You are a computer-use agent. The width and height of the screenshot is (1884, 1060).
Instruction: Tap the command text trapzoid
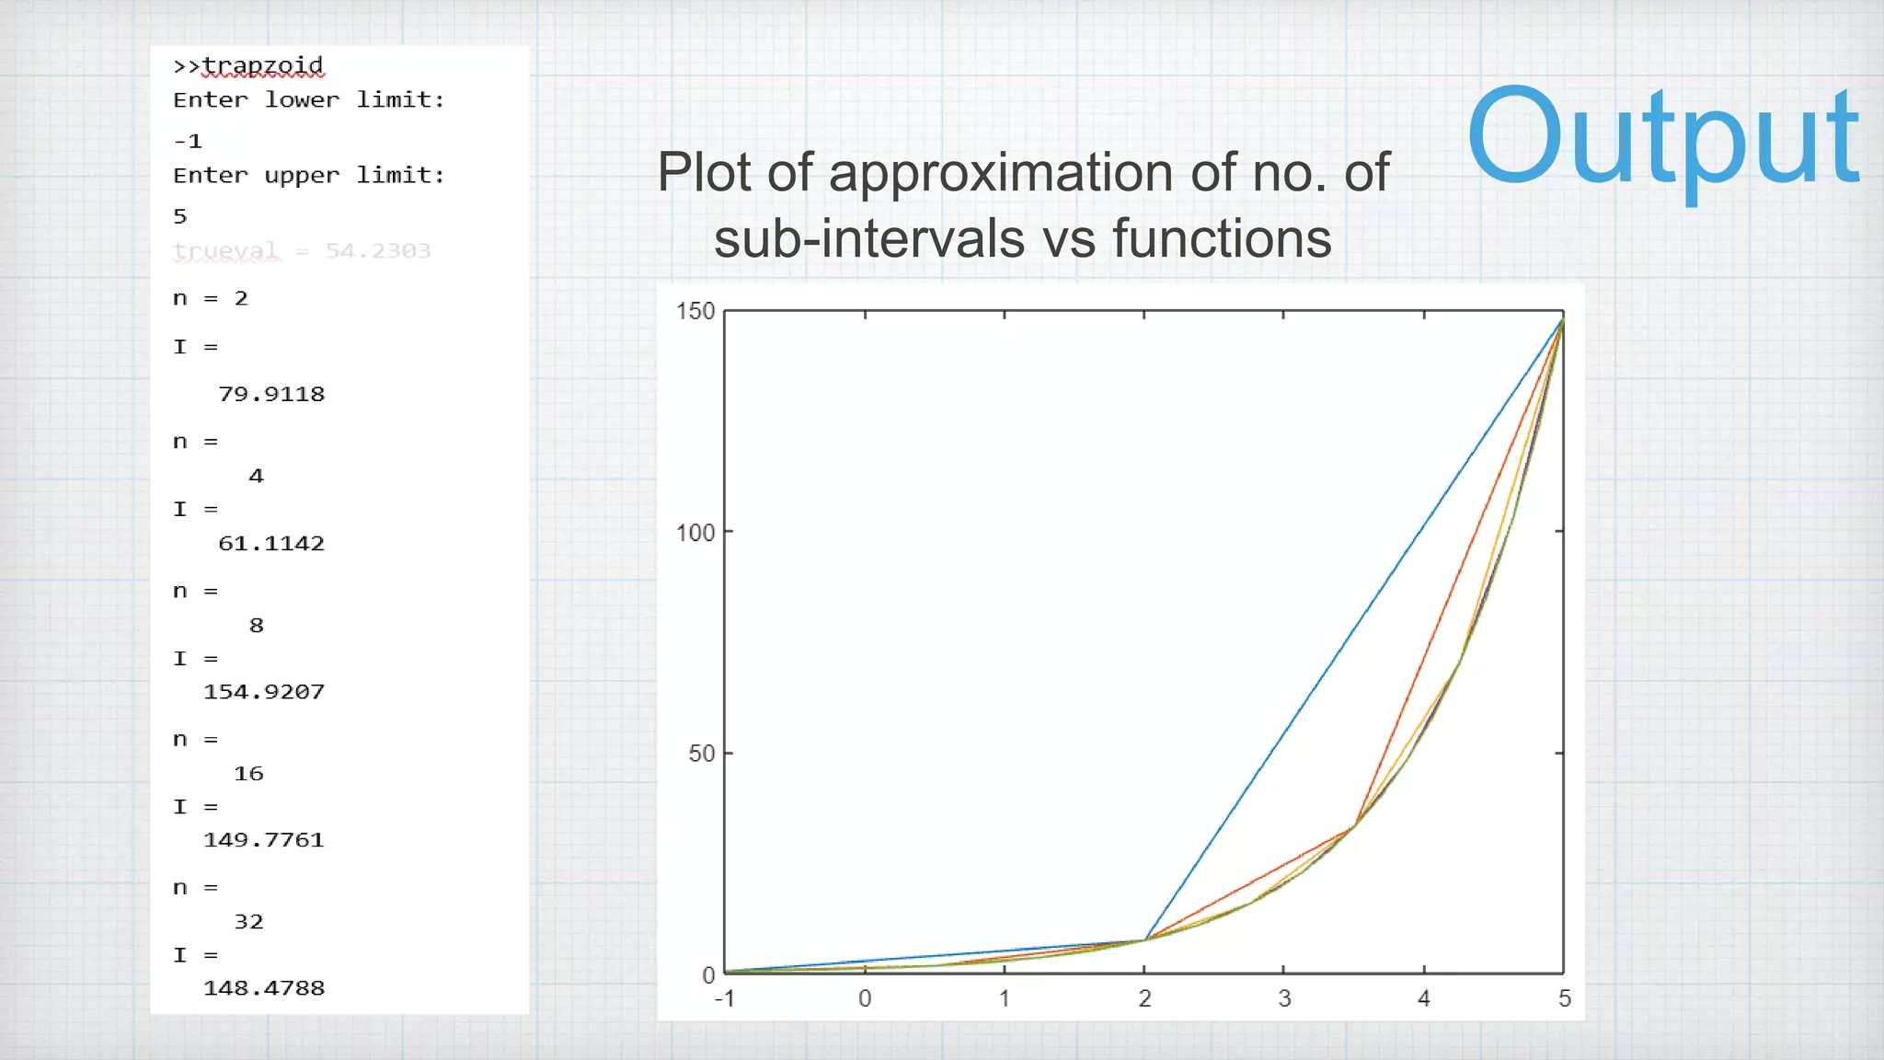[262, 66]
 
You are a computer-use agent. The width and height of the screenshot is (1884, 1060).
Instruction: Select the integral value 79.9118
[271, 395]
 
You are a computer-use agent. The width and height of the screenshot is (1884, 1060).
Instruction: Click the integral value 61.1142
[271, 544]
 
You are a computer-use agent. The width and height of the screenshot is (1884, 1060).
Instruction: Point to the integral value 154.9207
[264, 692]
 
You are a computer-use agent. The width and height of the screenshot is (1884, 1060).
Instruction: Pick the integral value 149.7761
[264, 840]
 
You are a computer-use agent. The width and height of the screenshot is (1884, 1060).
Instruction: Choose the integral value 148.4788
[264, 988]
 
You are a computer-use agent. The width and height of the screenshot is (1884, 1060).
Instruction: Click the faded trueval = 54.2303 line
[302, 251]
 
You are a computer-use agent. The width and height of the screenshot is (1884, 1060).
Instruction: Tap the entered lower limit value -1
[188, 142]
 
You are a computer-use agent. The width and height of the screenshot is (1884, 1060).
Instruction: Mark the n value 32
[248, 922]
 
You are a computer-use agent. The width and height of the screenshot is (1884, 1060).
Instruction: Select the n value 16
[248, 774]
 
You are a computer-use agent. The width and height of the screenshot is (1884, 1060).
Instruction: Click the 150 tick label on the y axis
[695, 311]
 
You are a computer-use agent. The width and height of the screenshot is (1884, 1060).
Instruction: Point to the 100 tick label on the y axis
[695, 533]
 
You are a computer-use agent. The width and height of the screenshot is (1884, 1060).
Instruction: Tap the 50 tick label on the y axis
[701, 754]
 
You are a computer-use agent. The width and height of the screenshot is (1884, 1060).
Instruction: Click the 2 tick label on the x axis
[1144, 999]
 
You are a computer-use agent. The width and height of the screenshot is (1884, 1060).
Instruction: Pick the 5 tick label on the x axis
[1564, 999]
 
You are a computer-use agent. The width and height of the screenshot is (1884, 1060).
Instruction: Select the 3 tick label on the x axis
[1284, 999]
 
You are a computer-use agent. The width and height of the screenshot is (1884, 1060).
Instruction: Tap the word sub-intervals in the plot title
[869, 239]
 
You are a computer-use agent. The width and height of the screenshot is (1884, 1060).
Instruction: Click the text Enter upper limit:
[309, 176]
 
